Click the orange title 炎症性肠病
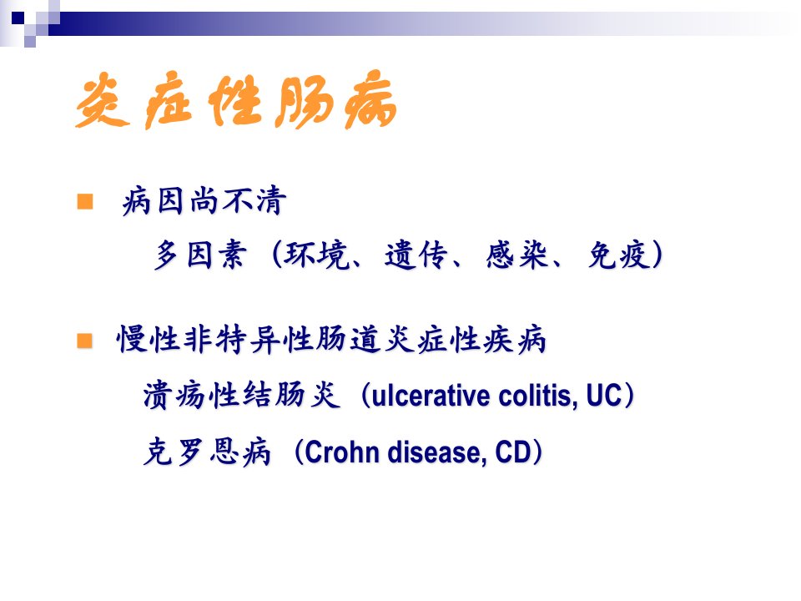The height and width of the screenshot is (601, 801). (x=236, y=99)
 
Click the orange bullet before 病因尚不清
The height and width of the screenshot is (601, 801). (x=85, y=201)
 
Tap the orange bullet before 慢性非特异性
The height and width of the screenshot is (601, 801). (x=85, y=341)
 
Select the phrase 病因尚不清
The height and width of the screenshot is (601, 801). (x=204, y=200)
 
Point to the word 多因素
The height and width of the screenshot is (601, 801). (x=200, y=255)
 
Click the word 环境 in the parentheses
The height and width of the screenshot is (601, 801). (x=317, y=255)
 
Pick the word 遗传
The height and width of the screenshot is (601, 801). (x=416, y=255)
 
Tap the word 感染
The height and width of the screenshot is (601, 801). (x=516, y=255)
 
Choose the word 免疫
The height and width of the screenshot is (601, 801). (x=618, y=255)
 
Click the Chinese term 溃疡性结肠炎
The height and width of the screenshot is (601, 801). (x=242, y=395)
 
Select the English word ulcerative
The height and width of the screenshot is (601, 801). (x=431, y=396)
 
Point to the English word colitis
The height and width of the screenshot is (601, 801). (x=538, y=396)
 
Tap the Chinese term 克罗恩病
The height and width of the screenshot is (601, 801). (x=207, y=452)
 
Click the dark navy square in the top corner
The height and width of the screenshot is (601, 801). (x=18, y=18)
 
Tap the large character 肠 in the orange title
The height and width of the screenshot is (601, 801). (x=302, y=101)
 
